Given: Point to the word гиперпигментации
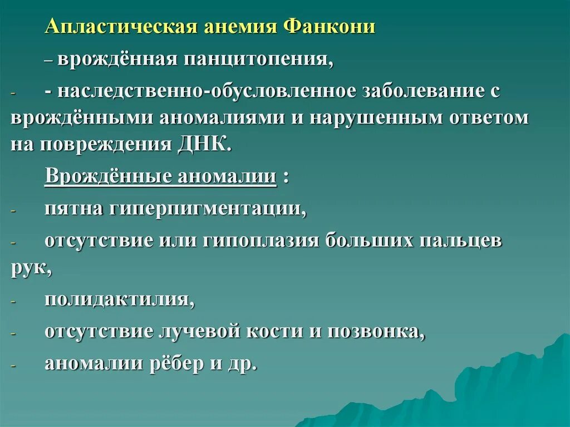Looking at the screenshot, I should tap(207, 209).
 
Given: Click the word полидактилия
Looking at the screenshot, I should tap(119, 300).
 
